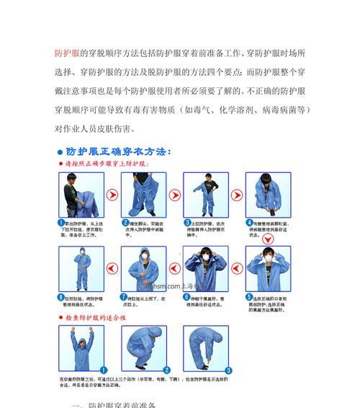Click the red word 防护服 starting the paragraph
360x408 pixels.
(x=68, y=54)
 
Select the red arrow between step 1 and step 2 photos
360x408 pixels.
(x=112, y=195)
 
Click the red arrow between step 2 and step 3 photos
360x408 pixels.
(x=174, y=195)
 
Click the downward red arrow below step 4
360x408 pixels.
(x=269, y=234)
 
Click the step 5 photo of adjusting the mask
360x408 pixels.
(x=268, y=269)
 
